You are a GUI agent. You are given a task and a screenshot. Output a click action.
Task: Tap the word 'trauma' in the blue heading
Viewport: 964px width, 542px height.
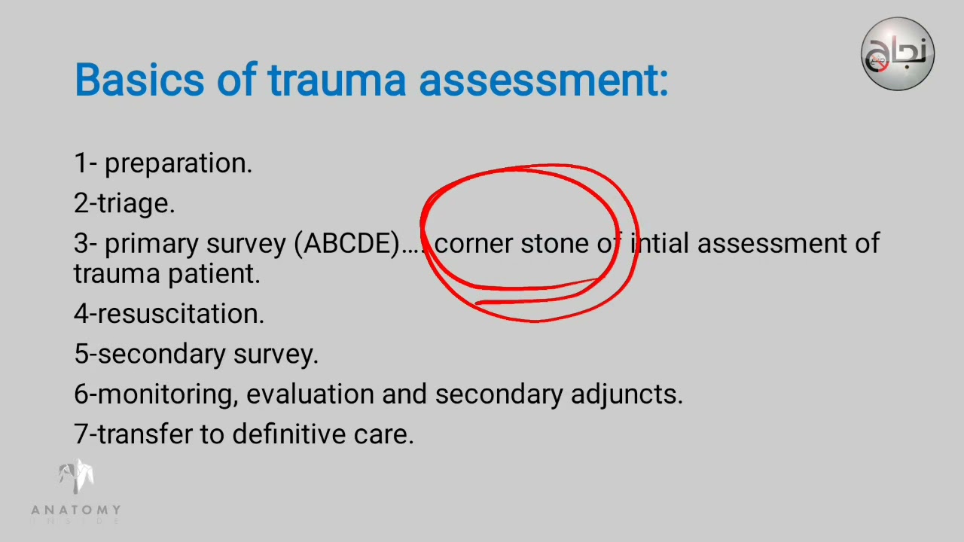click(x=337, y=79)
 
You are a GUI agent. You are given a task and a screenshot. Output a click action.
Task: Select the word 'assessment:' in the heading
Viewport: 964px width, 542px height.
click(x=544, y=79)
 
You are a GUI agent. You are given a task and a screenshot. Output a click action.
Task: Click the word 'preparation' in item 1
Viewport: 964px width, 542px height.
click(x=178, y=164)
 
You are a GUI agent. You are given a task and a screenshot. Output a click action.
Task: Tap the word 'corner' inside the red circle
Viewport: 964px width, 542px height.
click(x=474, y=244)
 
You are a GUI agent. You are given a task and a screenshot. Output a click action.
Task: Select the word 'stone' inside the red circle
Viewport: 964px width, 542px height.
click(x=555, y=244)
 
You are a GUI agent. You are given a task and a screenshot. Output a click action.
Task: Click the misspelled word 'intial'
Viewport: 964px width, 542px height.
click(x=659, y=243)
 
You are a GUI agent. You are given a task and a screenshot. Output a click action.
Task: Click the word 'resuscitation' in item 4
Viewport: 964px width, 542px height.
click(x=181, y=314)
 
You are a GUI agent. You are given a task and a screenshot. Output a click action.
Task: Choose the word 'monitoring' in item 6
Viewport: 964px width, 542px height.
click(x=166, y=394)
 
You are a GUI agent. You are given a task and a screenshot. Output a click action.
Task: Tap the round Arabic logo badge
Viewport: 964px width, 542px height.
click(x=898, y=54)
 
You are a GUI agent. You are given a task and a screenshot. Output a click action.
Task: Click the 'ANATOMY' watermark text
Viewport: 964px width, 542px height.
click(x=75, y=510)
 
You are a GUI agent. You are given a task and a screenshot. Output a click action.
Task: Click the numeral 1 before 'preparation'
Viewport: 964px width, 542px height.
click(x=79, y=164)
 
